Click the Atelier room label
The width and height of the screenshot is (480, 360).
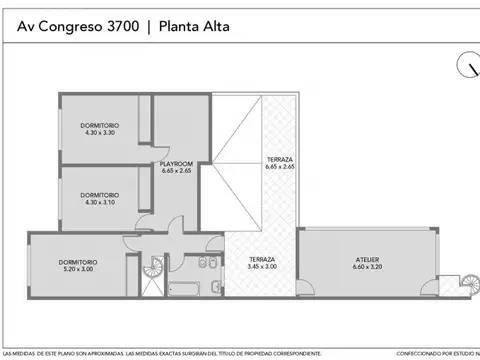click(x=368, y=262)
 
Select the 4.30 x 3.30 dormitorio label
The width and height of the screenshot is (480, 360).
click(x=99, y=128)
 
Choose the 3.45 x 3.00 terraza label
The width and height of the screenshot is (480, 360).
click(x=262, y=262)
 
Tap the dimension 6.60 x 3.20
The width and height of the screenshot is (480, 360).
click(x=368, y=267)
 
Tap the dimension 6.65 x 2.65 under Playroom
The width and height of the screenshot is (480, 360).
click(x=176, y=171)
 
